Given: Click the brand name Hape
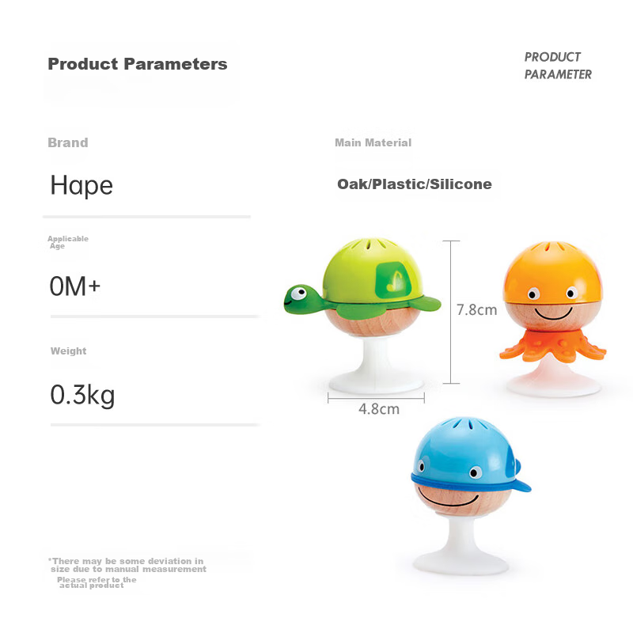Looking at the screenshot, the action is point(81,186).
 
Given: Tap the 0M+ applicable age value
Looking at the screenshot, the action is point(74,286).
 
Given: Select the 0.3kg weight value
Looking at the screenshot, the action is point(83,395).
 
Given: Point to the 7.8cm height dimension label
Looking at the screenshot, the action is point(477,310).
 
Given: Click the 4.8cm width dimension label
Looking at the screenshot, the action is point(379,409).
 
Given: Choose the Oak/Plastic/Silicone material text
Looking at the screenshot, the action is point(415,184).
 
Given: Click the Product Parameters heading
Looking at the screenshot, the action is point(138,64).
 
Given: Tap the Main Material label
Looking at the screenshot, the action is point(373,142).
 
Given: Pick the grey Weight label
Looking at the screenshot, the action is point(69,351).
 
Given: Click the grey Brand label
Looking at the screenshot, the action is point(68,142).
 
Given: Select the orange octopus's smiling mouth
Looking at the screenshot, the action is point(553,313).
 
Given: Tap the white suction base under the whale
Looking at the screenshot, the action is point(461,545).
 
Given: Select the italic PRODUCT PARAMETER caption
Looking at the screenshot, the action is point(558,66).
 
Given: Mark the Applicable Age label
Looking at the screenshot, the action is point(68,242).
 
